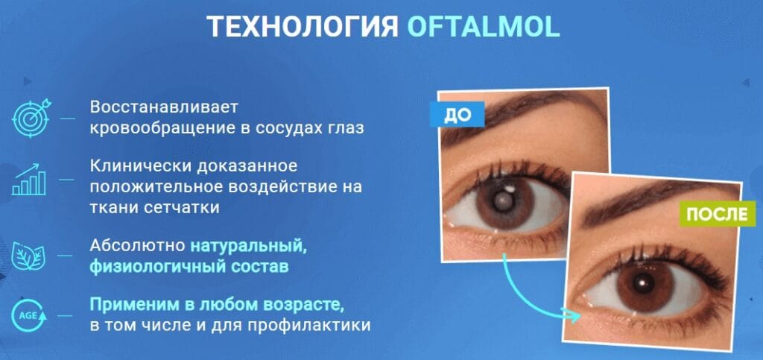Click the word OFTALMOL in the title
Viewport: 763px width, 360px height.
click(483, 28)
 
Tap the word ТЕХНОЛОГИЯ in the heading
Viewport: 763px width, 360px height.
click(302, 28)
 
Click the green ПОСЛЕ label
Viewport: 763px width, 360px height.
click(717, 215)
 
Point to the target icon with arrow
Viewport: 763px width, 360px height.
click(30, 118)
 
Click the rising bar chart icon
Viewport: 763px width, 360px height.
click(30, 179)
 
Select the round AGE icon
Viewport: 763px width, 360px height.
click(30, 316)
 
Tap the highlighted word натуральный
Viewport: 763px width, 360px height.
click(248, 245)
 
